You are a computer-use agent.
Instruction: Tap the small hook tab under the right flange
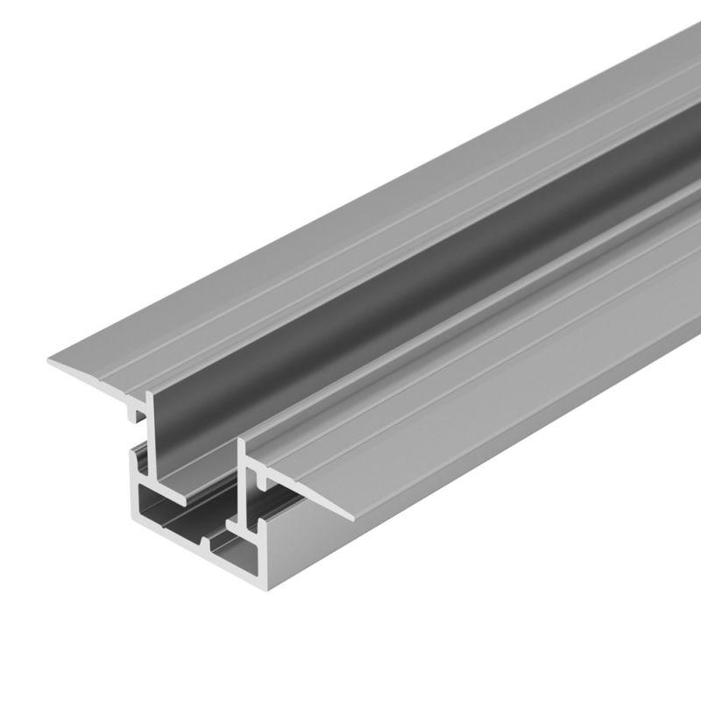click(264, 479)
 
